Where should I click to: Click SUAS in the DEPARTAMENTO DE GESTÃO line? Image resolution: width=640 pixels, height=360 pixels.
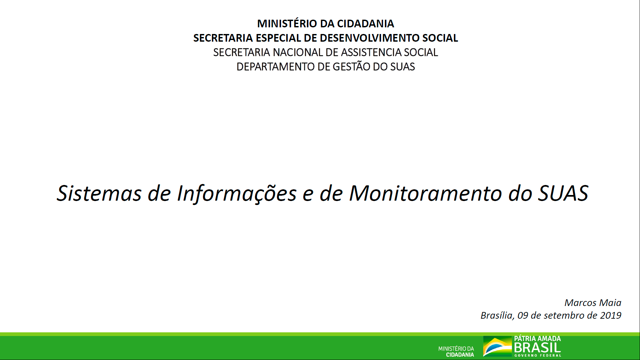click(x=402, y=67)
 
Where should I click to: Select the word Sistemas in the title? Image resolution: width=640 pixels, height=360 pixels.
click(x=99, y=193)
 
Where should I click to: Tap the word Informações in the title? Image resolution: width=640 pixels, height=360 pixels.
click(x=237, y=194)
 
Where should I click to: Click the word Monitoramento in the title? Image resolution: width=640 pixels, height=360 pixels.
click(x=426, y=193)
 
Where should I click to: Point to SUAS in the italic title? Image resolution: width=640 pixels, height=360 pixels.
click(x=563, y=193)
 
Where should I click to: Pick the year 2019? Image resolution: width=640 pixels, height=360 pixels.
click(x=611, y=315)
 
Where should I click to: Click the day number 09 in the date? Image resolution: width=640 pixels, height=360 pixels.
click(x=523, y=315)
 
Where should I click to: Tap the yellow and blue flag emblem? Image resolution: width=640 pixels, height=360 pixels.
click(x=497, y=346)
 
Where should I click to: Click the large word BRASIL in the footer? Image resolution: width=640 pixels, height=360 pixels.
click(x=537, y=348)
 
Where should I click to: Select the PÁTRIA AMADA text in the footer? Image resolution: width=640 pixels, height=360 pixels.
click(x=537, y=339)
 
